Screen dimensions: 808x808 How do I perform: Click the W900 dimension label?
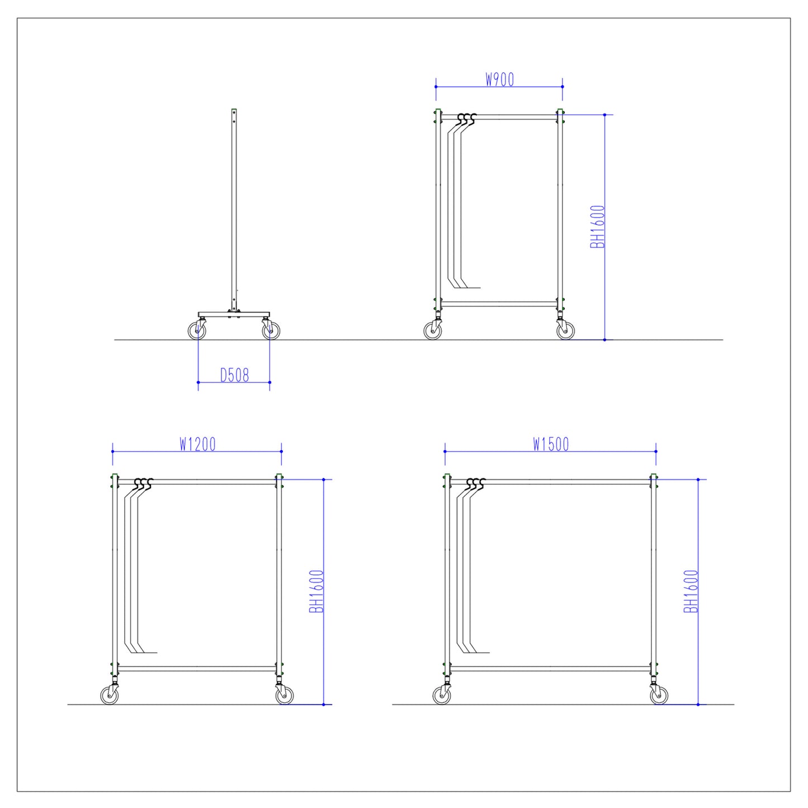pyautogui.click(x=499, y=79)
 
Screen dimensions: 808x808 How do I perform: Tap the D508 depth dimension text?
pyautogui.click(x=234, y=375)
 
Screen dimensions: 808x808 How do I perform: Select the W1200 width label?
pyautogui.click(x=197, y=445)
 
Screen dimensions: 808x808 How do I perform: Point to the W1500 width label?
pyautogui.click(x=551, y=445)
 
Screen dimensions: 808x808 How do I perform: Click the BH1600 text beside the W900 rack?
pyautogui.click(x=598, y=227)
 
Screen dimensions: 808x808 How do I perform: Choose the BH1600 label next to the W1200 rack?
pyautogui.click(x=316, y=591)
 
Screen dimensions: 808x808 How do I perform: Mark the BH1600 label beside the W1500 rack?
pyautogui.click(x=691, y=591)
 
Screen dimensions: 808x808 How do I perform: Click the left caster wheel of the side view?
pyautogui.click(x=197, y=331)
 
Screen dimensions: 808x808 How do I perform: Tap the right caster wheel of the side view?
pyautogui.click(x=271, y=331)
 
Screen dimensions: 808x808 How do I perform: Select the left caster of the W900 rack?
pyautogui.click(x=433, y=331)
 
